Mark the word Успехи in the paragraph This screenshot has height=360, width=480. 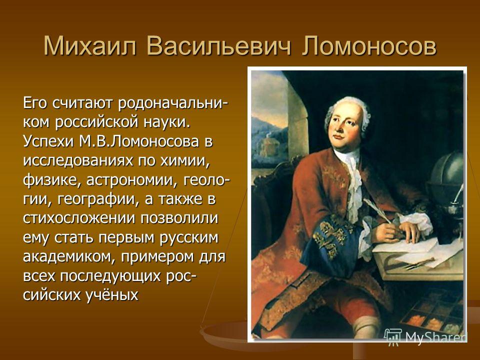49,142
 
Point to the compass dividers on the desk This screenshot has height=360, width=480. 419,263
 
